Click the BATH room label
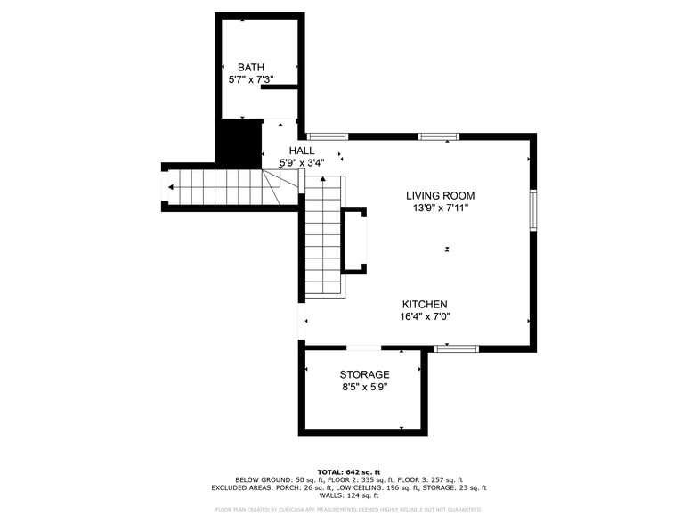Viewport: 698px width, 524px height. coord(251,68)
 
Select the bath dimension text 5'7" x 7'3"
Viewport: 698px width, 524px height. coord(251,80)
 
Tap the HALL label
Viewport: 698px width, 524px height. coord(302,151)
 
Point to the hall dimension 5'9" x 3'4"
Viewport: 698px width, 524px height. coord(302,163)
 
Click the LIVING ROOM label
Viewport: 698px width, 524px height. coord(440,196)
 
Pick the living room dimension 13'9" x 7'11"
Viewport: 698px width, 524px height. coord(440,209)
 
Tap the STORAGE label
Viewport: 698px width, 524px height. coord(364,375)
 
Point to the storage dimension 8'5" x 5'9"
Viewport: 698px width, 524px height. coord(364,388)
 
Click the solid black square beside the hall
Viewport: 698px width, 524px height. coord(239,143)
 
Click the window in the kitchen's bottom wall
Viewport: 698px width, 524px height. coord(457,348)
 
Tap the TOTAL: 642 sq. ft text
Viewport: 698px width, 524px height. coord(349,471)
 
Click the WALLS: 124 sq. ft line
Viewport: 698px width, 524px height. coord(349,495)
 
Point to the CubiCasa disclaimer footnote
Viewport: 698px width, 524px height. coord(349,510)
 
